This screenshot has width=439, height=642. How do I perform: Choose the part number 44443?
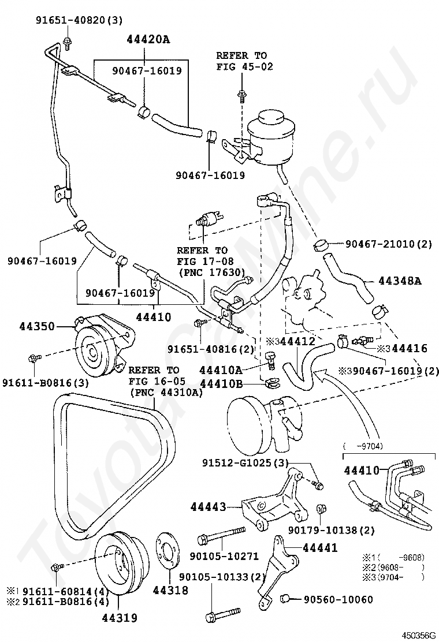[209, 507]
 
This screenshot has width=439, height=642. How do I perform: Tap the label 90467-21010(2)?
[389, 244]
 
